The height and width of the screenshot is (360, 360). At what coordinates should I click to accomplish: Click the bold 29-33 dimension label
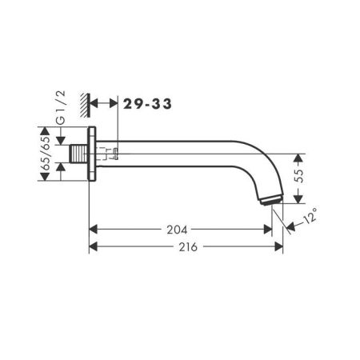(146, 102)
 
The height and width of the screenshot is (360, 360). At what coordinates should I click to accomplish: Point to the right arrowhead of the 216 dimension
(280, 247)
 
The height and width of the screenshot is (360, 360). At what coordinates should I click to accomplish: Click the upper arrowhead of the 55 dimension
(299, 157)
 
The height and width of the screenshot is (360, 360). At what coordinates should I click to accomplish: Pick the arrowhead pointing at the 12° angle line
(289, 226)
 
